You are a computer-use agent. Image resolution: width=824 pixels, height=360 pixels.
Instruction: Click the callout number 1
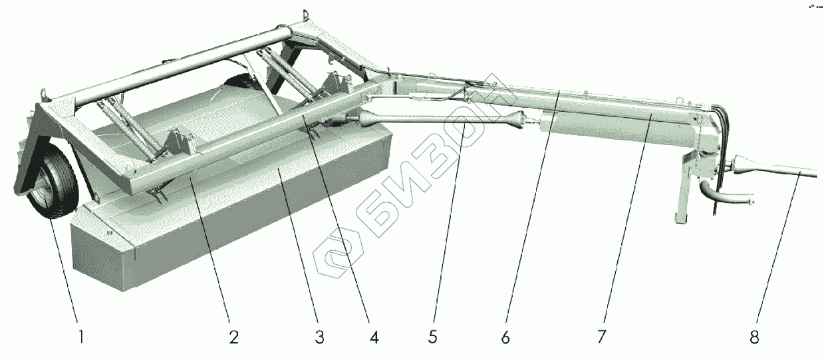[x=81, y=337]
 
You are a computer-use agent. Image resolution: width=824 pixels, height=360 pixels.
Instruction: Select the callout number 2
[x=233, y=337]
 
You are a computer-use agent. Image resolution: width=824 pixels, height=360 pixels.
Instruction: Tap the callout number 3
[x=319, y=337]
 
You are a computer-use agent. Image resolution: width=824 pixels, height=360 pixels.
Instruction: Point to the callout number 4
[x=374, y=337]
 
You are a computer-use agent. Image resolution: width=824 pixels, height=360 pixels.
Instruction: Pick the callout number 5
[x=432, y=337]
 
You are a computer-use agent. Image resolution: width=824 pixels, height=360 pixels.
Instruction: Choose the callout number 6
[x=505, y=337]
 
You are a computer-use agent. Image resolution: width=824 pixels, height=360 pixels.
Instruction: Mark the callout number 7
[x=601, y=337]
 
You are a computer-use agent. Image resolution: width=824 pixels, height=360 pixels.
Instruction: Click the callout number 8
[x=754, y=337]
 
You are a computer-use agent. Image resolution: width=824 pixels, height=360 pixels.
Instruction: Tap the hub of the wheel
[x=41, y=194]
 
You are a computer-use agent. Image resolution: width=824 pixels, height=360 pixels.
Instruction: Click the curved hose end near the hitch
[x=751, y=200]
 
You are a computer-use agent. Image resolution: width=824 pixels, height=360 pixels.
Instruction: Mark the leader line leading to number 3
[x=299, y=253]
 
